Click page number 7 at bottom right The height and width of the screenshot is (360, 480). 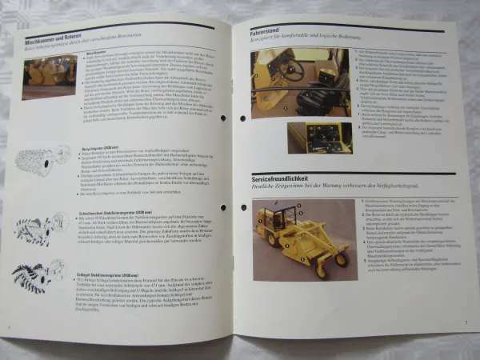pos(464,323)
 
